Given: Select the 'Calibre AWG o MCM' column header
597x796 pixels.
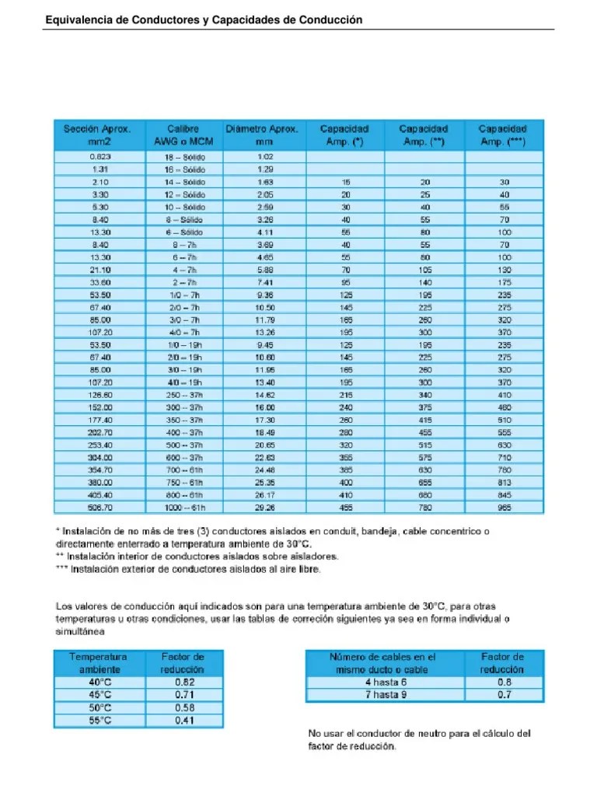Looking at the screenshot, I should pos(183,134).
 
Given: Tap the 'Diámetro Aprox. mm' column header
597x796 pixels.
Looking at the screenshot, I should pos(261,134).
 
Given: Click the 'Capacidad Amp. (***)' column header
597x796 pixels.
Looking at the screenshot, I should pos(502,134).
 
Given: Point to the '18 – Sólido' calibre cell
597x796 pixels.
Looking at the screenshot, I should pos(183,156).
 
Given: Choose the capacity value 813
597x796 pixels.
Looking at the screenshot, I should pos(504,482).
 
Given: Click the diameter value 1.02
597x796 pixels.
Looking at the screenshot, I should pos(265,156).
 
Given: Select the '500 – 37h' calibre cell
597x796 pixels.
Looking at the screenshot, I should pos(183,445).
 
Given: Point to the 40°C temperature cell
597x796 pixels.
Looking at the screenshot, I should pos(99,682).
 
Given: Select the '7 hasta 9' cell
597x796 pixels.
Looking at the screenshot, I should pos(386,694).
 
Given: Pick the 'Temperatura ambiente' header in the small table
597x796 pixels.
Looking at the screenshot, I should pos(99,663).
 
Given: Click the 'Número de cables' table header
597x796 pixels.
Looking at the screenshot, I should pos(386,663).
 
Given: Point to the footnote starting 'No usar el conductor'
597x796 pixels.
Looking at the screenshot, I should pos(420,740).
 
